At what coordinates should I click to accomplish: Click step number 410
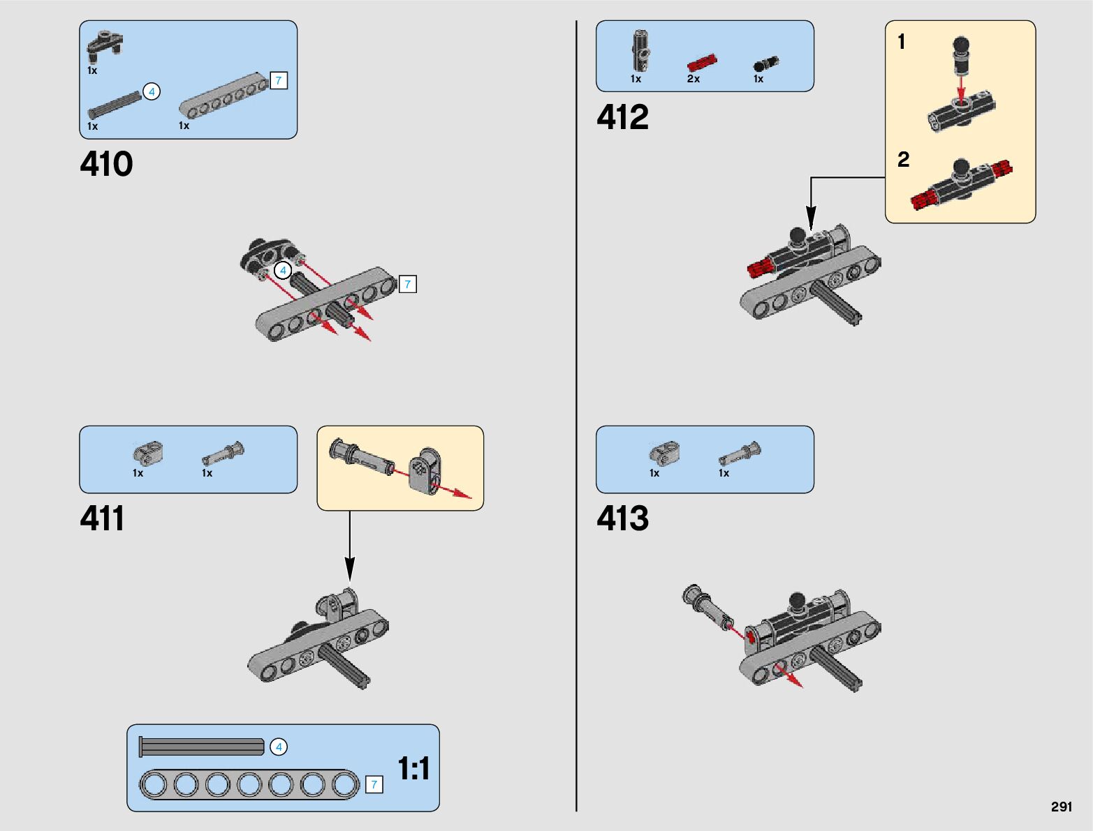click(106, 165)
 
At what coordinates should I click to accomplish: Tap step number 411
click(102, 519)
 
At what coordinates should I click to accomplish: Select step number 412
click(622, 117)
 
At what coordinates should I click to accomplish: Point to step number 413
click(622, 519)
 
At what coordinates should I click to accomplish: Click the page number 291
click(1061, 807)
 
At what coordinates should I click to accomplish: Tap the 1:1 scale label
click(413, 769)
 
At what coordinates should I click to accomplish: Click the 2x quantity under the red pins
click(693, 79)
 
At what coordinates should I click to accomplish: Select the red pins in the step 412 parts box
click(702, 63)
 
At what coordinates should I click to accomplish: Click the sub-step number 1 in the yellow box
click(902, 43)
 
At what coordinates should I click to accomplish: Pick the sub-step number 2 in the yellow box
click(903, 160)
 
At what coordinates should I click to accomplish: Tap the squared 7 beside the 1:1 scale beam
click(374, 785)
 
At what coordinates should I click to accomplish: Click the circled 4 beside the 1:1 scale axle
click(278, 747)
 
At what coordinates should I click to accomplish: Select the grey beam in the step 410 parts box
click(223, 96)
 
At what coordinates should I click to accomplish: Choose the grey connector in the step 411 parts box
click(148, 454)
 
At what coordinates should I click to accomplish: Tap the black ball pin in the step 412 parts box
click(765, 64)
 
